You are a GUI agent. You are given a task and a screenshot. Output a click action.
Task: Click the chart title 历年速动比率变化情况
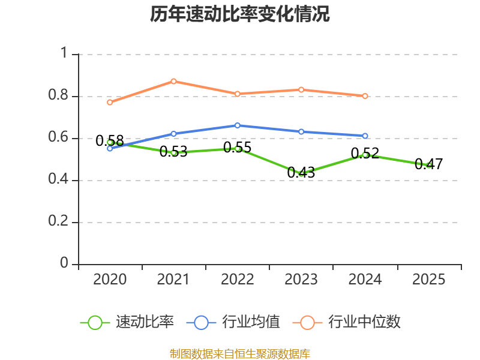(x=239, y=14)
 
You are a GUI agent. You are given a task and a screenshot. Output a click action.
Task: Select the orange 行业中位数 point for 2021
(x=173, y=81)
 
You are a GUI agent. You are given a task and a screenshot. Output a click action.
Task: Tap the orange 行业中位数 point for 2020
(x=110, y=102)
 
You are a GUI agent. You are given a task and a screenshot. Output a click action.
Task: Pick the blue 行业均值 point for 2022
(x=237, y=125)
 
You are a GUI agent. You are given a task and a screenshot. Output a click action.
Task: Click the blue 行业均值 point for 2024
(x=365, y=136)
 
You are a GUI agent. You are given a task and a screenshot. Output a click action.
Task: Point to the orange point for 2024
(x=365, y=96)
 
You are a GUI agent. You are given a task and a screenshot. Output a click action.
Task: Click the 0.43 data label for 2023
(x=301, y=173)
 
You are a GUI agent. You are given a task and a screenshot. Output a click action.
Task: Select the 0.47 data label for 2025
(x=428, y=164)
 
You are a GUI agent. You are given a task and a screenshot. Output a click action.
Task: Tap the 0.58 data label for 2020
(x=110, y=141)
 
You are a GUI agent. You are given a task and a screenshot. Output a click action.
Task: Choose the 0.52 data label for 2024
(x=365, y=153)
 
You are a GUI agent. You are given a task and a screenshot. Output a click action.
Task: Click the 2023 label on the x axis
(x=301, y=279)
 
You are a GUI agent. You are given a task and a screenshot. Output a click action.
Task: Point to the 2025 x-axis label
(x=428, y=279)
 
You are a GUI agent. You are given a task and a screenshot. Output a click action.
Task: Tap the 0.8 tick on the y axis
(x=58, y=95)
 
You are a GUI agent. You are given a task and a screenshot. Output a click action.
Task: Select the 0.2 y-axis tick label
(x=58, y=221)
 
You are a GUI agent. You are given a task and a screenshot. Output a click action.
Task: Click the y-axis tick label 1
(x=64, y=53)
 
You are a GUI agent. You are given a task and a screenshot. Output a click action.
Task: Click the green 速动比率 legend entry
(x=127, y=322)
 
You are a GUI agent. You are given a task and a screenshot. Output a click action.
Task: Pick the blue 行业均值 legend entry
(x=233, y=322)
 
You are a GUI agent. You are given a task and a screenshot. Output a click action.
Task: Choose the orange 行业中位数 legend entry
(x=347, y=322)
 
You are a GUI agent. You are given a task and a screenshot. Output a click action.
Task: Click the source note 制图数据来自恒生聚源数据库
(x=240, y=354)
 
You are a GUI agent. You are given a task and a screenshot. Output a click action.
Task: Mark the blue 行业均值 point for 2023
(x=301, y=131)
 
